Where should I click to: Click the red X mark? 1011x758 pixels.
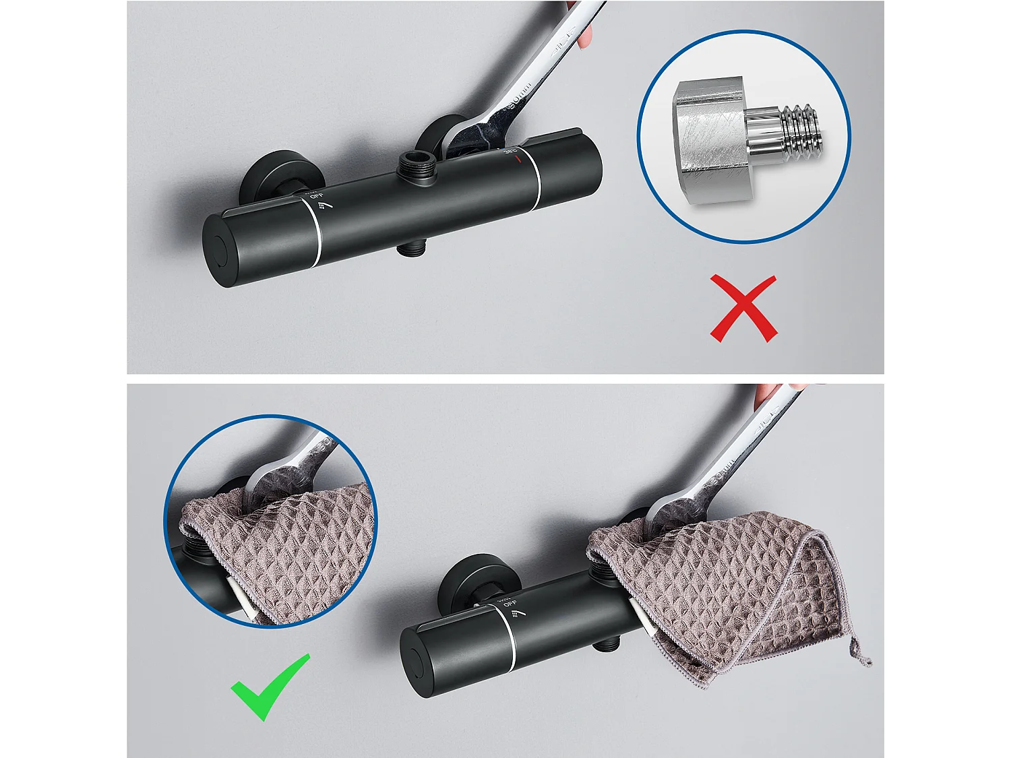[x=743, y=309]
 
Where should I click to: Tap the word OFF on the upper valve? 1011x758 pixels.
[x=317, y=195]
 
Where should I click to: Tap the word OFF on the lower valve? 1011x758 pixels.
[x=510, y=603]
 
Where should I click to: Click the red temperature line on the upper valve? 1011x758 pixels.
[x=518, y=159]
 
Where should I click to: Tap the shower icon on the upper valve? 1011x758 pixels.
[x=326, y=204]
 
